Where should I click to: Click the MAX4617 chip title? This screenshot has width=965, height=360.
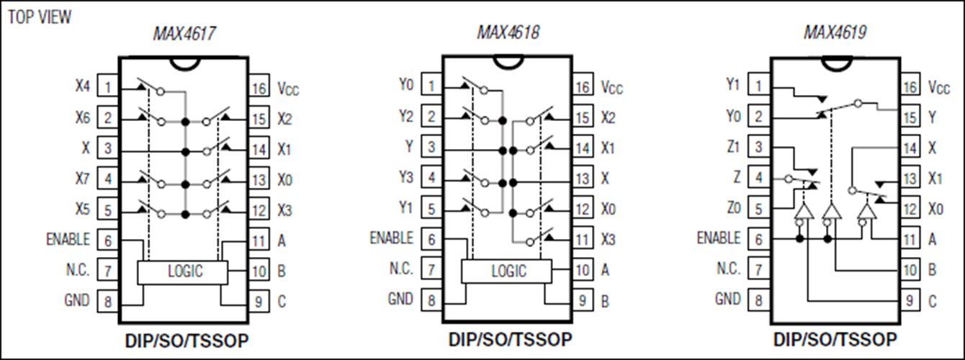[184, 33]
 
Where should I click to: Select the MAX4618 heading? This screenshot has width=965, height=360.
[508, 32]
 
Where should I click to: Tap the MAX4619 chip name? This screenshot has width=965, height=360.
[835, 32]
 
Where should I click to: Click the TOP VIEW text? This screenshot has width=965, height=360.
[40, 17]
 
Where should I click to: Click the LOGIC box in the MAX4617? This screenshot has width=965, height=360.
[183, 272]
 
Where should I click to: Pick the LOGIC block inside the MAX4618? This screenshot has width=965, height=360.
[506, 271]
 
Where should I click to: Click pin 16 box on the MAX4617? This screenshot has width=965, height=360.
[259, 88]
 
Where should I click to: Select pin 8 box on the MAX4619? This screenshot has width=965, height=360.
[758, 300]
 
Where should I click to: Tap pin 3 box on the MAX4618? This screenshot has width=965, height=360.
[431, 147]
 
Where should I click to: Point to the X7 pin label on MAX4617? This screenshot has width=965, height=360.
[82, 179]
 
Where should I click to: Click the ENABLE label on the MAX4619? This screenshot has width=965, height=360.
[718, 238]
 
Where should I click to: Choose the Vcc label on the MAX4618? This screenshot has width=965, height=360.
[611, 87]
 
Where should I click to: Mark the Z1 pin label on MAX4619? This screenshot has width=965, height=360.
[733, 147]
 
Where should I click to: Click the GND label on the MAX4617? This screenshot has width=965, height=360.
[76, 300]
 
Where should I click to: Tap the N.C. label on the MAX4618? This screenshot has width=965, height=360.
[401, 269]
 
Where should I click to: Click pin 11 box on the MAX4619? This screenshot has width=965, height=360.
[910, 239]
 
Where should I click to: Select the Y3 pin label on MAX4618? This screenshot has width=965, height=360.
[406, 177]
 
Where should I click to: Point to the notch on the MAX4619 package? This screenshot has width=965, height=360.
[837, 64]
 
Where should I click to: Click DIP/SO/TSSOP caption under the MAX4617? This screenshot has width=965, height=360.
[187, 341]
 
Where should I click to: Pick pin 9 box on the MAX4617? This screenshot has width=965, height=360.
[259, 302]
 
